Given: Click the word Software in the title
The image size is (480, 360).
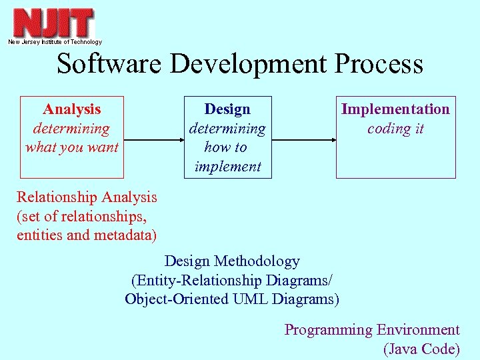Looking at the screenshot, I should tap(109, 64).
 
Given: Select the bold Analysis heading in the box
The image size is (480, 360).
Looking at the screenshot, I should tap(72, 109).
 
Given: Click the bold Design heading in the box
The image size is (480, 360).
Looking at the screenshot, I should tap(227, 109).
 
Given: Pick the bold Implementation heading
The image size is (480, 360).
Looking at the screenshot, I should tap(395, 109).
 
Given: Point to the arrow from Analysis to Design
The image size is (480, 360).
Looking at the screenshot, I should tap(153, 140).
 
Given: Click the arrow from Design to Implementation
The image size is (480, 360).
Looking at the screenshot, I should tap(303, 140).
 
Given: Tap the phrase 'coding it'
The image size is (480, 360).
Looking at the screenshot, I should tap(395, 129).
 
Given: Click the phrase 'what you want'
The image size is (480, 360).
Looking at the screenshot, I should tap(72, 147).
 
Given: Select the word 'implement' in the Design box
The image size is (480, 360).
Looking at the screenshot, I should tap(227, 167).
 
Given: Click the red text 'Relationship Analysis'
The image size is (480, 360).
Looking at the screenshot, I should tap(87, 197).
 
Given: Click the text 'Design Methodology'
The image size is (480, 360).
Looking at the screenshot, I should tap(232, 261).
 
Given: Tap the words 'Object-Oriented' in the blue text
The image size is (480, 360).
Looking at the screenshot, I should tap(177, 299).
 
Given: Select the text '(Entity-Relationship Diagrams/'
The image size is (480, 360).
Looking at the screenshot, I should tap(232, 280).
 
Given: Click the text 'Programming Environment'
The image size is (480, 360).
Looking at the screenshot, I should tap(372, 330).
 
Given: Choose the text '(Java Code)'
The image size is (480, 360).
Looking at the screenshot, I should tap(421, 349).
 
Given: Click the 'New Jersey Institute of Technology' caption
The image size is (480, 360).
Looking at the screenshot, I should tap(55, 42).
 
